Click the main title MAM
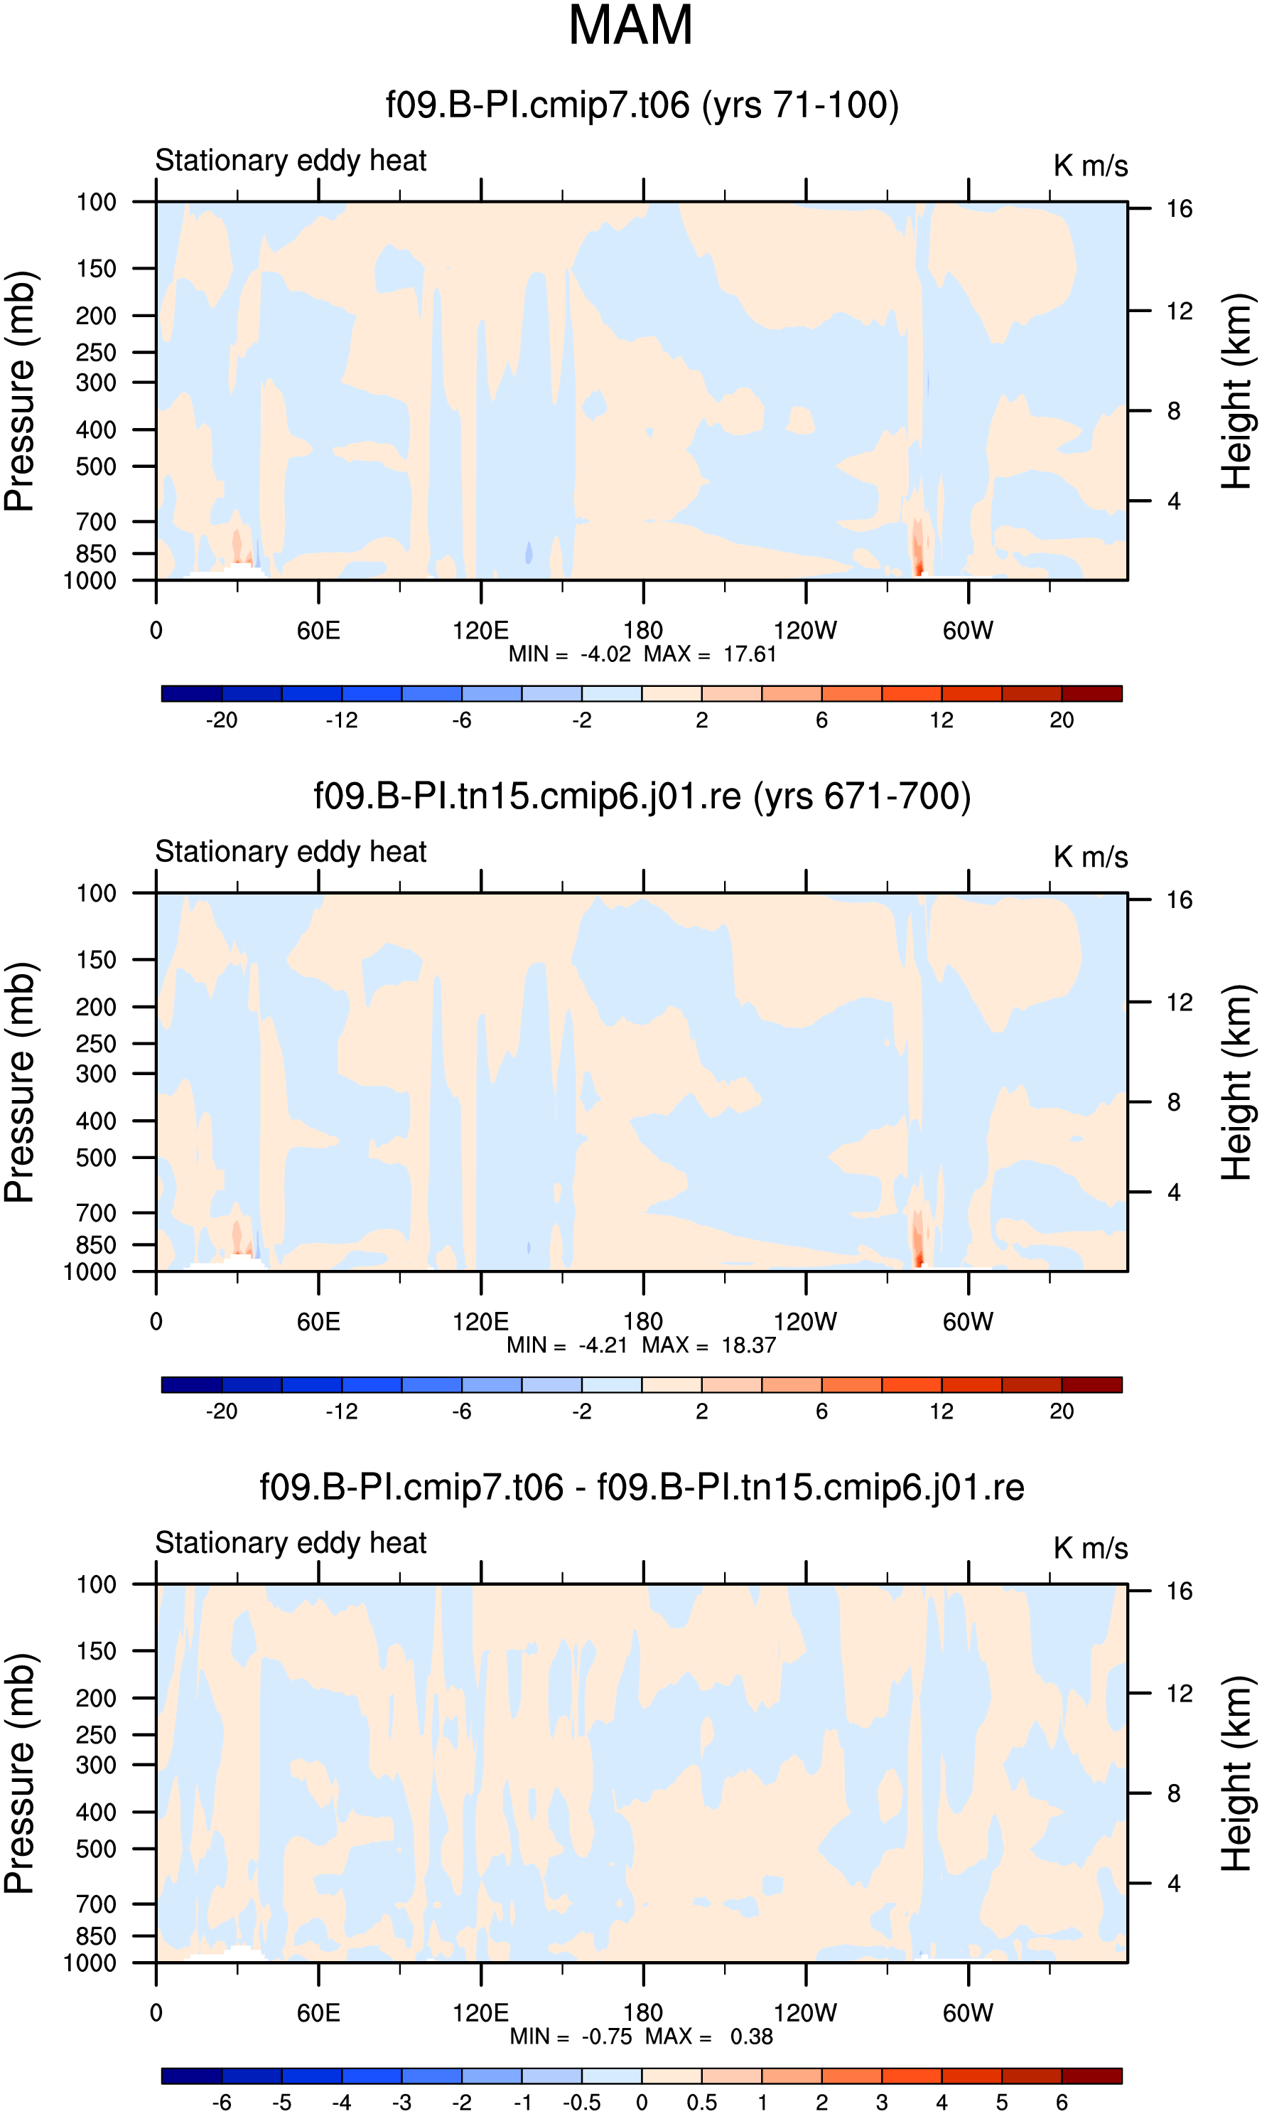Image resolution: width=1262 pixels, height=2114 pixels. click(630, 26)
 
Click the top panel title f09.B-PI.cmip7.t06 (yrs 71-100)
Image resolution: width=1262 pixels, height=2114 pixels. click(642, 105)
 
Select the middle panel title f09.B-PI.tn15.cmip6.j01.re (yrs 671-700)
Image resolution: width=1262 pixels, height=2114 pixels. click(642, 797)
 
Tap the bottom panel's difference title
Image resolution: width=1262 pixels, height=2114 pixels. click(642, 1488)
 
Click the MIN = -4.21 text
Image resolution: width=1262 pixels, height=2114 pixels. click(566, 1345)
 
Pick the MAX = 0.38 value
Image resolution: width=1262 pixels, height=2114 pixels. click(709, 2036)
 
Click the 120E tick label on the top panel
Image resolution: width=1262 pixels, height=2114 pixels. click(480, 631)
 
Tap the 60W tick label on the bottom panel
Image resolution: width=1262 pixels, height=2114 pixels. click(968, 2013)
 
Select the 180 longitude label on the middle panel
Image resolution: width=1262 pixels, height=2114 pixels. click(643, 1321)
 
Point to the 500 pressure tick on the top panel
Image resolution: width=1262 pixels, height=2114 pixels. click(96, 467)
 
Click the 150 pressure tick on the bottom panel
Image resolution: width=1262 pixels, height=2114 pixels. click(96, 1651)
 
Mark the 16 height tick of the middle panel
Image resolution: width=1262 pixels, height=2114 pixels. click(1180, 900)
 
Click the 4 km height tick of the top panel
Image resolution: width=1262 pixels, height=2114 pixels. click(1174, 501)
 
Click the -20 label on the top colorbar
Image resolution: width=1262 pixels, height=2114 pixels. click(221, 720)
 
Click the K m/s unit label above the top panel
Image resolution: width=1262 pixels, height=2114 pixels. click(1091, 166)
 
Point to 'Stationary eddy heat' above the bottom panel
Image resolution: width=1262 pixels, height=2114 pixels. click(291, 1542)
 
